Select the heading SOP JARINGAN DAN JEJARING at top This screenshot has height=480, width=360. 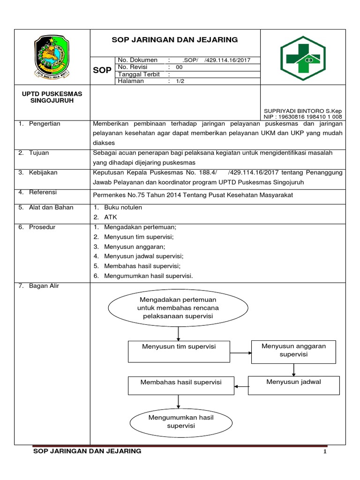175,40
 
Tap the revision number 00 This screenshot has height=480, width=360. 179,67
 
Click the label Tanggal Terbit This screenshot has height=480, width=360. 139,74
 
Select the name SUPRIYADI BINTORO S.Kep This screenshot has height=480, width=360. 303,111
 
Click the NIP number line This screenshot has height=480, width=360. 303,117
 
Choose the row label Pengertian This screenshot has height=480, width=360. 45,124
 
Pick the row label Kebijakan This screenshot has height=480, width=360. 43,172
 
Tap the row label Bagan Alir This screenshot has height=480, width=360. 44,286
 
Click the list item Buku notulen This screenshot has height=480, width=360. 123,207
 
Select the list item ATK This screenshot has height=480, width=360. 111,217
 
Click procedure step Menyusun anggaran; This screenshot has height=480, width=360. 135,247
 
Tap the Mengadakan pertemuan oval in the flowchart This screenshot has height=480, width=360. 178,307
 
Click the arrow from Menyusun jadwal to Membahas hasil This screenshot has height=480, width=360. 240,386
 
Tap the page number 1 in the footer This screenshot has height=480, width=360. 324,452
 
